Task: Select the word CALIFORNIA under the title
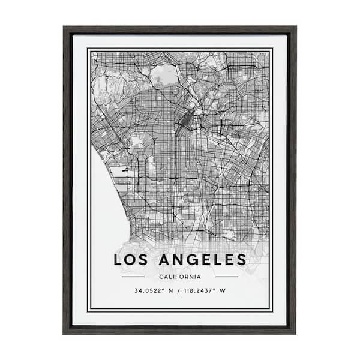180,277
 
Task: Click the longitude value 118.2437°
201,292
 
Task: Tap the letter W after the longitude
223,292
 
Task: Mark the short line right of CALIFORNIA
226,277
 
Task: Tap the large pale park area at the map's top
166,75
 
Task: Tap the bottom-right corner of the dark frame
295,332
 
